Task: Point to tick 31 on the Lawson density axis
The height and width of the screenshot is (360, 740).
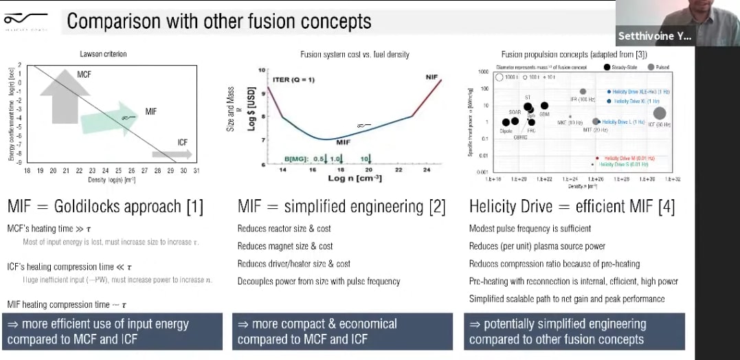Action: tap(197, 170)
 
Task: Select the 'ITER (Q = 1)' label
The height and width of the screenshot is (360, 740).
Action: tap(294, 80)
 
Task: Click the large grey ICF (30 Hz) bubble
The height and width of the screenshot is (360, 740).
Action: tap(660, 113)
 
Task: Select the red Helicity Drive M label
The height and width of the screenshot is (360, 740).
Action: tap(628, 158)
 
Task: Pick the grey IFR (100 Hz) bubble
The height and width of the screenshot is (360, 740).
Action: tap(583, 91)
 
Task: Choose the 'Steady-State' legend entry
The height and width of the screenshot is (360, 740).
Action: tap(624, 67)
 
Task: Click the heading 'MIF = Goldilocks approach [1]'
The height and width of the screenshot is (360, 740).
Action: tap(105, 207)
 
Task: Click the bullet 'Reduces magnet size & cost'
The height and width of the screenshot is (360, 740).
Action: tap(285, 246)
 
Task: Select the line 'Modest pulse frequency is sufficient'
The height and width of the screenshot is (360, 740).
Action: tap(530, 228)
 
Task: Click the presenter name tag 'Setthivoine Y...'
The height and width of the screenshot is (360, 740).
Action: tap(653, 36)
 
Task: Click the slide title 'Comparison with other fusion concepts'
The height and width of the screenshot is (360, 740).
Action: tap(218, 21)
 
